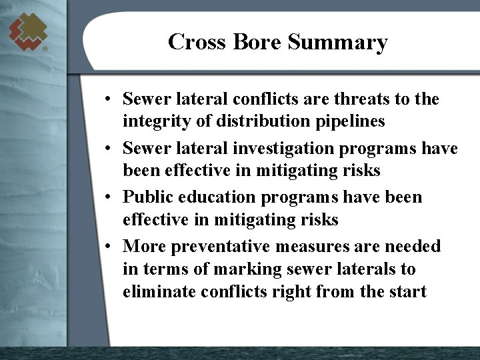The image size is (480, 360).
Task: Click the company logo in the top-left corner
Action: (28, 31)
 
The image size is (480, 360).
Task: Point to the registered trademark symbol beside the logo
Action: (45, 49)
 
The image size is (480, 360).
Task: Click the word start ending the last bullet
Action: (406, 292)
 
